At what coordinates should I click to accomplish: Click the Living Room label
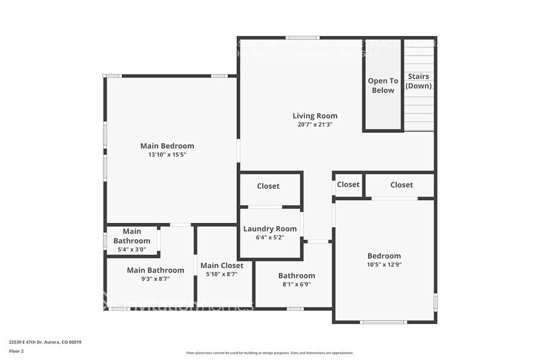point(315,116)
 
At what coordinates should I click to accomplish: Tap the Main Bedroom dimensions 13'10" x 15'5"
point(167,155)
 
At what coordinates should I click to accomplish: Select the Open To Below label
point(383,86)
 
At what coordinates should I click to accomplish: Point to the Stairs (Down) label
point(419,81)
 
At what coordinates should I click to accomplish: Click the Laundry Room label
point(270,229)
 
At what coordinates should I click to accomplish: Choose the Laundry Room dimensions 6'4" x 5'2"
point(270,238)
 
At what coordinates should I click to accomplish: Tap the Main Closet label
point(222,266)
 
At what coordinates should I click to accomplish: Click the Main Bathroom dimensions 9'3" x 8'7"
point(156,279)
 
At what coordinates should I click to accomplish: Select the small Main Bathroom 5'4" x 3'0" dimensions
point(132,250)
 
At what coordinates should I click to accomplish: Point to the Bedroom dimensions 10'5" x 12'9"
point(384,264)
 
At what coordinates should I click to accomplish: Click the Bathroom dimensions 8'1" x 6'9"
point(296,284)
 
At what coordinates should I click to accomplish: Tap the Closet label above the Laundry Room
point(268,186)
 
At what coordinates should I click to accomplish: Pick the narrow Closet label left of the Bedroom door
point(348,184)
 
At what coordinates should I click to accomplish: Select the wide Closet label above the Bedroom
point(402,185)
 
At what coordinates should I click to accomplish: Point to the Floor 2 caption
point(17,351)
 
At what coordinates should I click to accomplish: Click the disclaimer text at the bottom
point(270,353)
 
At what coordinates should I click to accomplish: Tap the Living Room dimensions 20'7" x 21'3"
point(315,124)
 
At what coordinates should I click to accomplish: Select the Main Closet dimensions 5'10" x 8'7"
point(222,274)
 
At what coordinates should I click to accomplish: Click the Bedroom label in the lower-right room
point(384,256)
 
